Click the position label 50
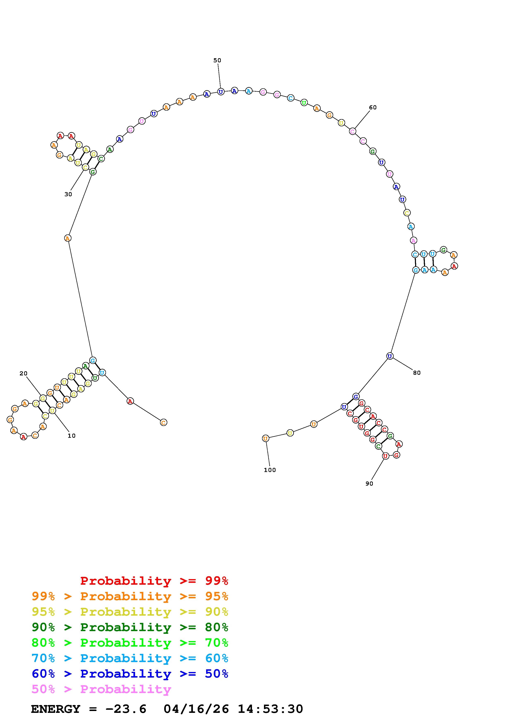(217, 60)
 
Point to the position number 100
(270, 470)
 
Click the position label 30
(68, 194)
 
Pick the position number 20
(23, 373)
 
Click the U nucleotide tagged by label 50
(221, 92)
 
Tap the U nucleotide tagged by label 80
(390, 356)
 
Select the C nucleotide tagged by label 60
(352, 131)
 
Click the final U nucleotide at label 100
(266, 438)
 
